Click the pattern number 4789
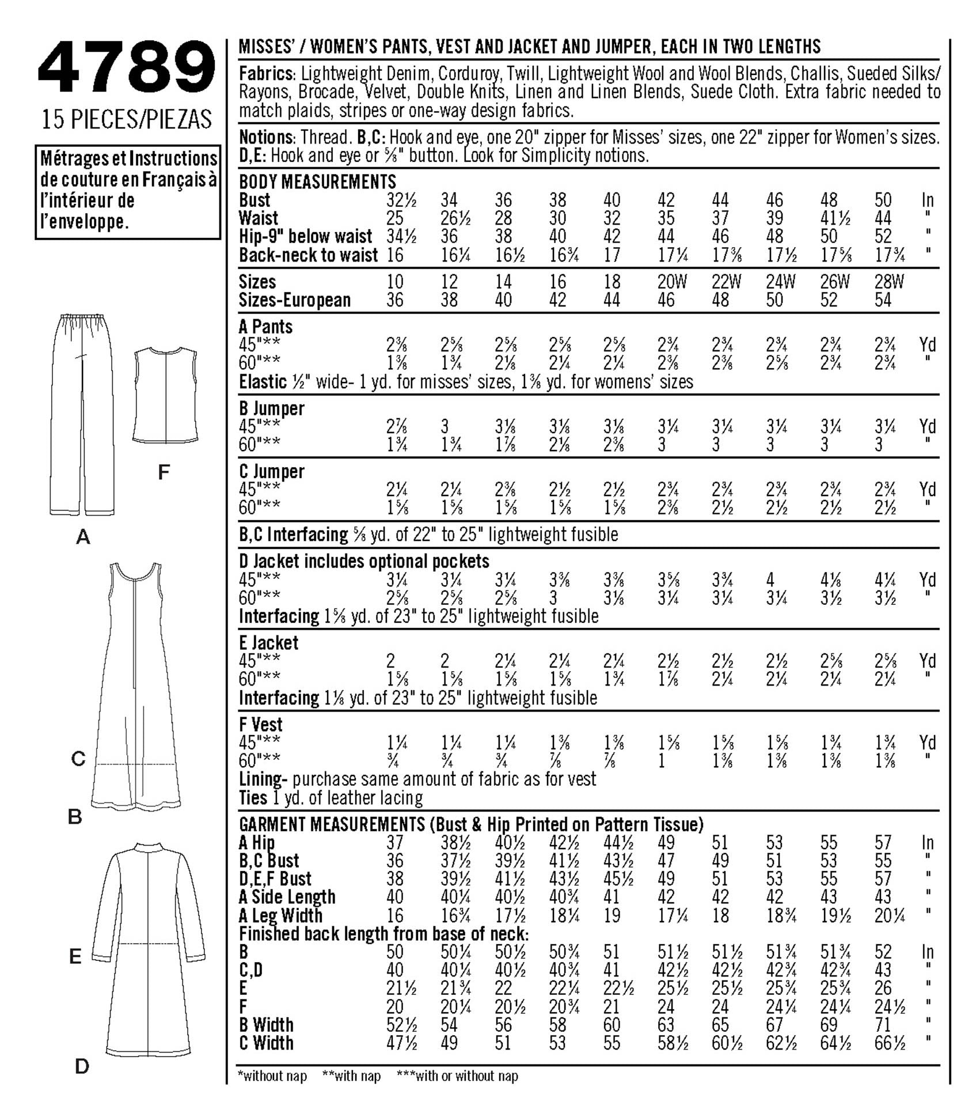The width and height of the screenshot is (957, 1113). click(126, 68)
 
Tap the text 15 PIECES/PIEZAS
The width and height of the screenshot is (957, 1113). click(127, 119)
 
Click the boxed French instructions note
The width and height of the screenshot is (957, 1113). click(128, 191)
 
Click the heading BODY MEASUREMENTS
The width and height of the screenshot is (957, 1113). click(317, 182)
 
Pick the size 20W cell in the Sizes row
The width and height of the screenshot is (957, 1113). click(671, 282)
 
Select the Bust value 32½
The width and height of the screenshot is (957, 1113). click(401, 200)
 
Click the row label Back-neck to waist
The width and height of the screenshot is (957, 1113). click(308, 255)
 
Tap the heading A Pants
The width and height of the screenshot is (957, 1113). click(265, 327)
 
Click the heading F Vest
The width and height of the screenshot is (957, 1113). click(260, 724)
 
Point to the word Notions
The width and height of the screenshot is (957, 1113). click(266, 138)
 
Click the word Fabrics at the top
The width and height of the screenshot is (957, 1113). click(267, 74)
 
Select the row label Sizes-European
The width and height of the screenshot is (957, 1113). click(294, 300)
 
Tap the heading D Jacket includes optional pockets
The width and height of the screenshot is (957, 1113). click(364, 561)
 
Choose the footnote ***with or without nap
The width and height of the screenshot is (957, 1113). click(457, 1076)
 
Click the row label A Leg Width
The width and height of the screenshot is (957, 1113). click(280, 915)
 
